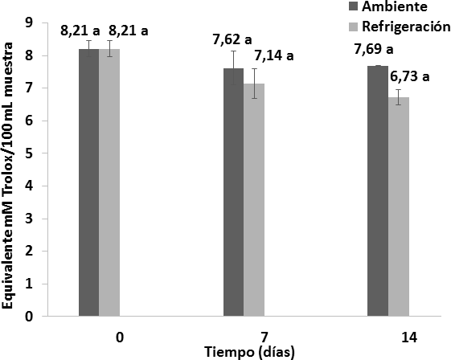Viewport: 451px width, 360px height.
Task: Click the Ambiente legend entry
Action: pos(395,7)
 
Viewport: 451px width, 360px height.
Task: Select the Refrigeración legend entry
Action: pos(405,26)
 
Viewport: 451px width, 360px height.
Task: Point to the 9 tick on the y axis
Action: pos(28,23)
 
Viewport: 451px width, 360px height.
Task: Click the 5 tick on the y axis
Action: pos(28,153)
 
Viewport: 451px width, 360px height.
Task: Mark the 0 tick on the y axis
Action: pos(28,316)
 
